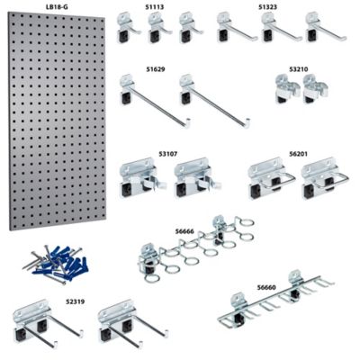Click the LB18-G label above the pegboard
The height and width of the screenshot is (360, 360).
pyautogui.click(x=56, y=6)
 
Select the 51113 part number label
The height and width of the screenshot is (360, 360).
pyautogui.click(x=155, y=6)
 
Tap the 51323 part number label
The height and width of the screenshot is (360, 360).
pyautogui.click(x=268, y=6)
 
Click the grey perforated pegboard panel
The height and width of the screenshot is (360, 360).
pyautogui.click(x=57, y=121)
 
